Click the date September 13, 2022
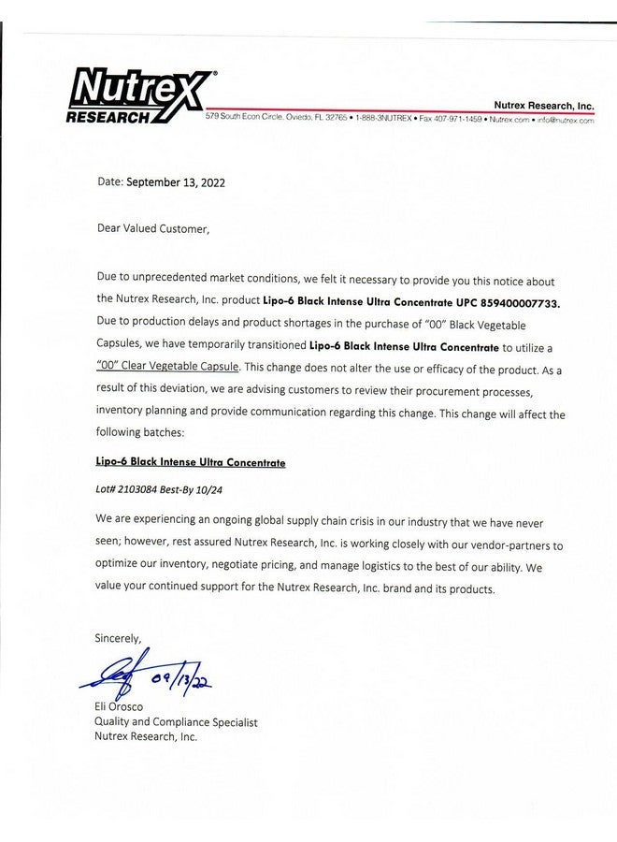pos(176,182)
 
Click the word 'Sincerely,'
pos(118,638)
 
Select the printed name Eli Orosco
pos(119,707)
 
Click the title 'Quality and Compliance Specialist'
pos(176,722)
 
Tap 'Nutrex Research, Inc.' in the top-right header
pos(544,108)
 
